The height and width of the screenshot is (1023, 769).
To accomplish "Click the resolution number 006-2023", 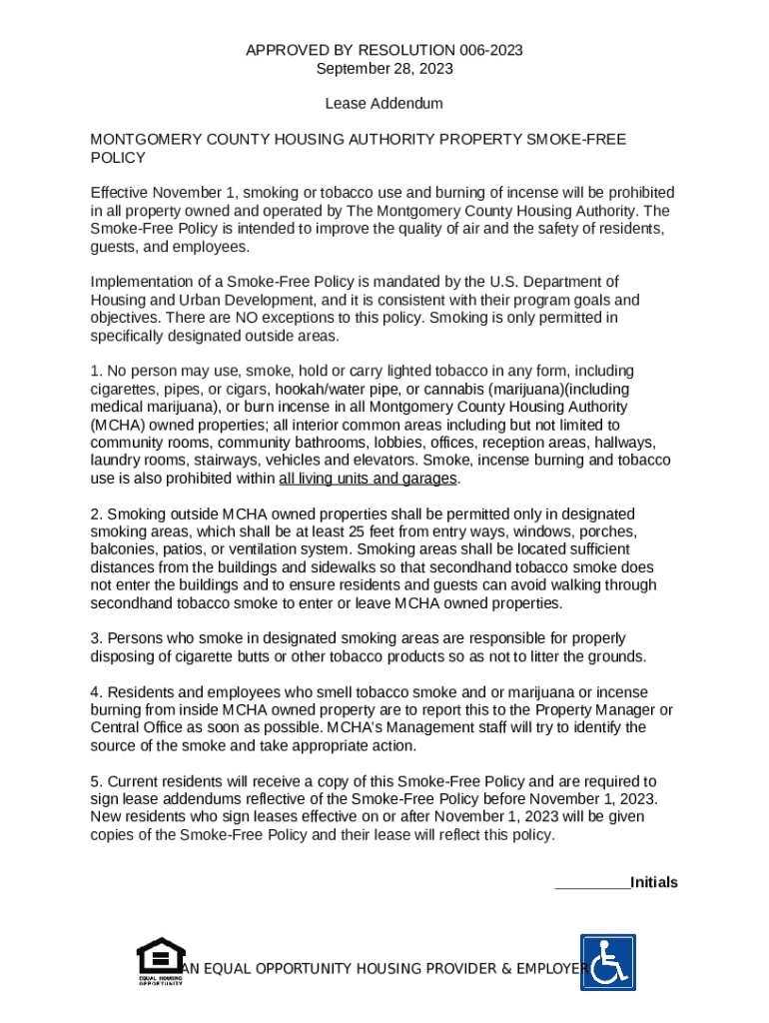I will (484, 50).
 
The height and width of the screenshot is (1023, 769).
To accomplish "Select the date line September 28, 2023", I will (384, 69).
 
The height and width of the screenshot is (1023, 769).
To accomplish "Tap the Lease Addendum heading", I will (384, 104).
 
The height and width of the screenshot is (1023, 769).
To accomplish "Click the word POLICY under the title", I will (118, 158).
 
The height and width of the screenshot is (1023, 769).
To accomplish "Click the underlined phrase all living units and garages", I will (368, 479).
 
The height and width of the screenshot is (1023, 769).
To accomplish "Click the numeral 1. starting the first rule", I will (96, 372).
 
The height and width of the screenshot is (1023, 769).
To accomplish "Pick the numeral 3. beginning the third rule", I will (96, 638).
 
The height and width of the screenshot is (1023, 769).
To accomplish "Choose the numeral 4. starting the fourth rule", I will (96, 692).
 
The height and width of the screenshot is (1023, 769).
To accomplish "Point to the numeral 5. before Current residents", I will (96, 781).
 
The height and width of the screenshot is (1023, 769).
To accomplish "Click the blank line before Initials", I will (591, 883).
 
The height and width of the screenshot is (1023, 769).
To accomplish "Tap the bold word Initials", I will (654, 883).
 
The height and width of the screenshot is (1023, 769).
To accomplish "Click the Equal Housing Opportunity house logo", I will (159, 959).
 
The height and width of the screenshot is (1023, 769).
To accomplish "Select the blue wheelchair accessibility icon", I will (608, 962).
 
